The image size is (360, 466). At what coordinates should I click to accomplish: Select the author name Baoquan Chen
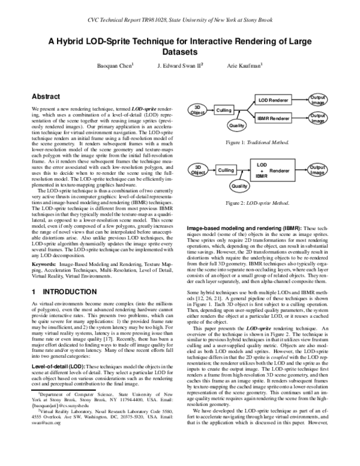[x=116, y=65]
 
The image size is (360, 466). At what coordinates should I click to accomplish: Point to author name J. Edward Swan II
[x=179, y=65]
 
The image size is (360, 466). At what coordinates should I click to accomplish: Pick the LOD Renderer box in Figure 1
[x=274, y=99]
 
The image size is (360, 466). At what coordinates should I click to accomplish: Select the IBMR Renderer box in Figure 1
[x=274, y=119]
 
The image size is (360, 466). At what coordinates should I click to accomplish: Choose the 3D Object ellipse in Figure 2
[x=197, y=170]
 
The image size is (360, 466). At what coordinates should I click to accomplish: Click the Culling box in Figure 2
[x=224, y=171]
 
